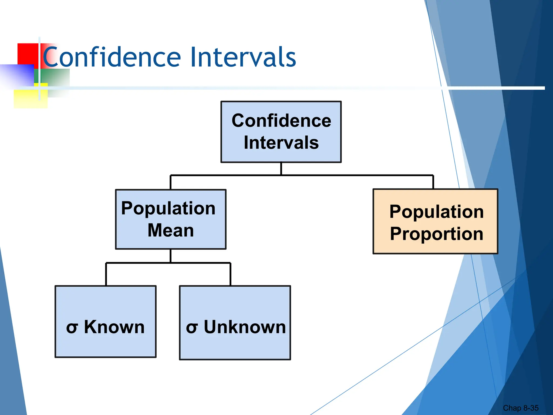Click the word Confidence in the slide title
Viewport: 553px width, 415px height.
coord(112,57)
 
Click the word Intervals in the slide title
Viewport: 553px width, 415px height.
coord(243,57)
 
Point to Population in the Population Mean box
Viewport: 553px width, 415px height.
coord(168,208)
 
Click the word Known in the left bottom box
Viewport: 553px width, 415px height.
coord(114,327)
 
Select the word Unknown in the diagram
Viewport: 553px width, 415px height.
coord(245,327)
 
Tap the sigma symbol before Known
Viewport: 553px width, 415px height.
coord(72,328)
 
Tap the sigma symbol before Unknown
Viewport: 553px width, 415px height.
coord(192,328)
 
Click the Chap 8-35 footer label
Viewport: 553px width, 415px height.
coord(520,408)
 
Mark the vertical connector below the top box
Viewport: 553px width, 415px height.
coord(281,169)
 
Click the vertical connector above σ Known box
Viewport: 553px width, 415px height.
coord(106,274)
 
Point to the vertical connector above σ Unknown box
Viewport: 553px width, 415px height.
coord(230,274)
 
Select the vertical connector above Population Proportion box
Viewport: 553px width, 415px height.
coord(433,182)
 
